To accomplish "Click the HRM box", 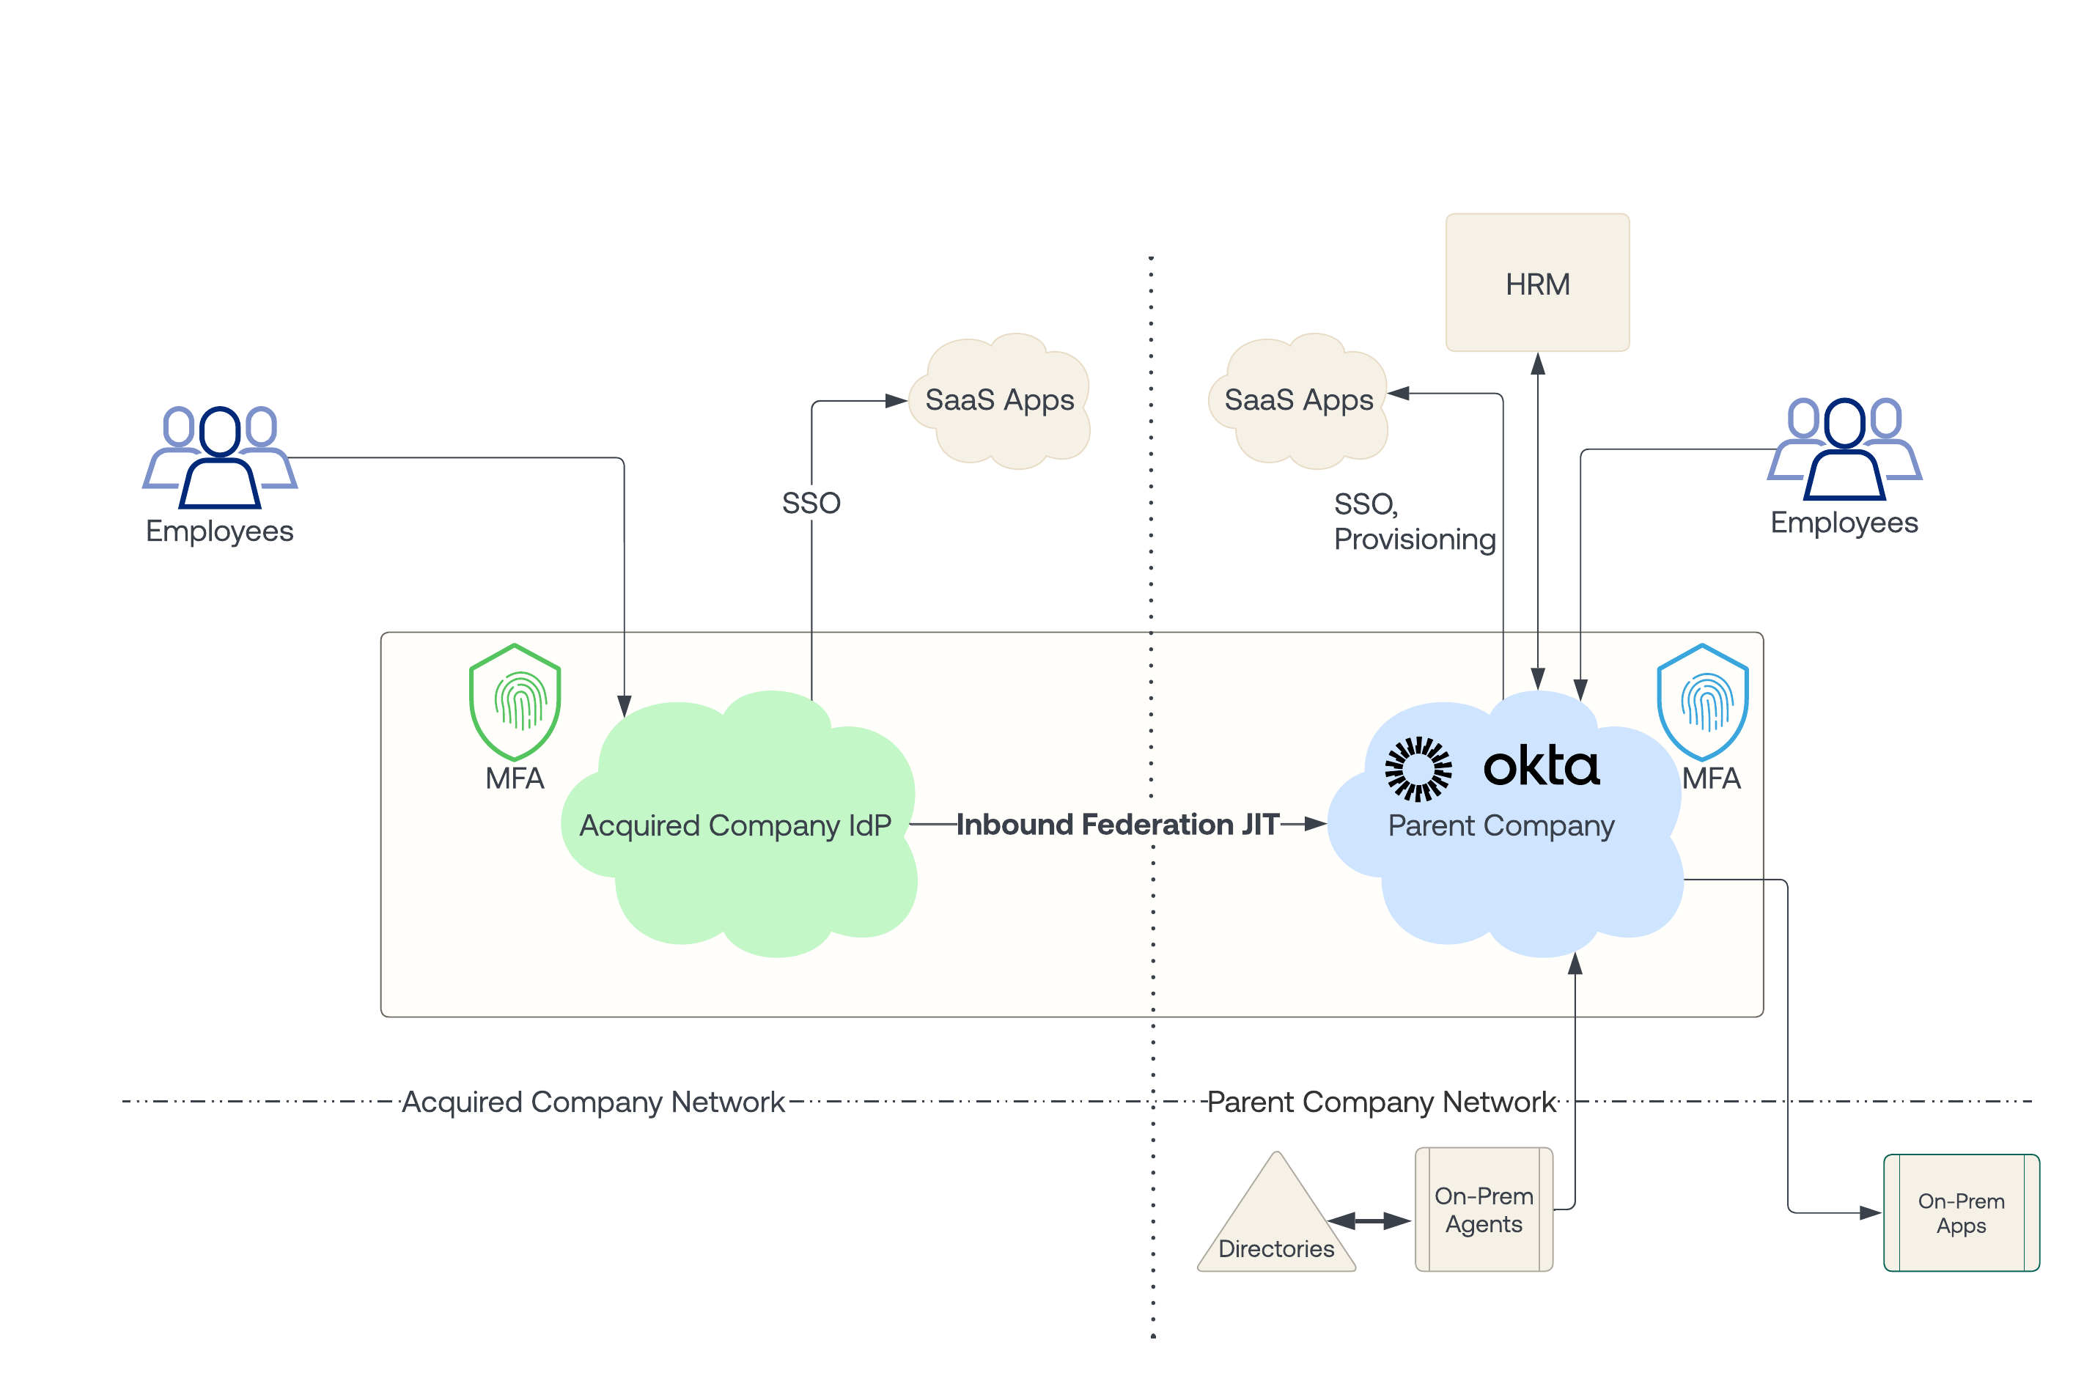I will (x=1536, y=282).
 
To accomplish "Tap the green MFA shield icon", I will (x=514, y=701).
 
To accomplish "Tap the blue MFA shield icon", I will (x=1702, y=701).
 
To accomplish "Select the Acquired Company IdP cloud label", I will (x=735, y=825).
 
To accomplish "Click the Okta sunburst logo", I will (x=1418, y=769).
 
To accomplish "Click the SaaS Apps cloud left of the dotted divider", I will (x=1001, y=400).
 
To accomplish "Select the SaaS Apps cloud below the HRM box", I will (x=1299, y=400).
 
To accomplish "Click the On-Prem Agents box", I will (x=1484, y=1209).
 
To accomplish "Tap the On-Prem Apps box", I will (x=1960, y=1212).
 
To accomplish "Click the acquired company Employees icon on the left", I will (x=219, y=457).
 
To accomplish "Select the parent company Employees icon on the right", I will (x=1844, y=449).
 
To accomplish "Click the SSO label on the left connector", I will (x=811, y=504).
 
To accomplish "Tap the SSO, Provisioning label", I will (x=1414, y=522).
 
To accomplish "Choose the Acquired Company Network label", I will (x=593, y=1102).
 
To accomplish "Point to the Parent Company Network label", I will (x=1381, y=1102).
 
